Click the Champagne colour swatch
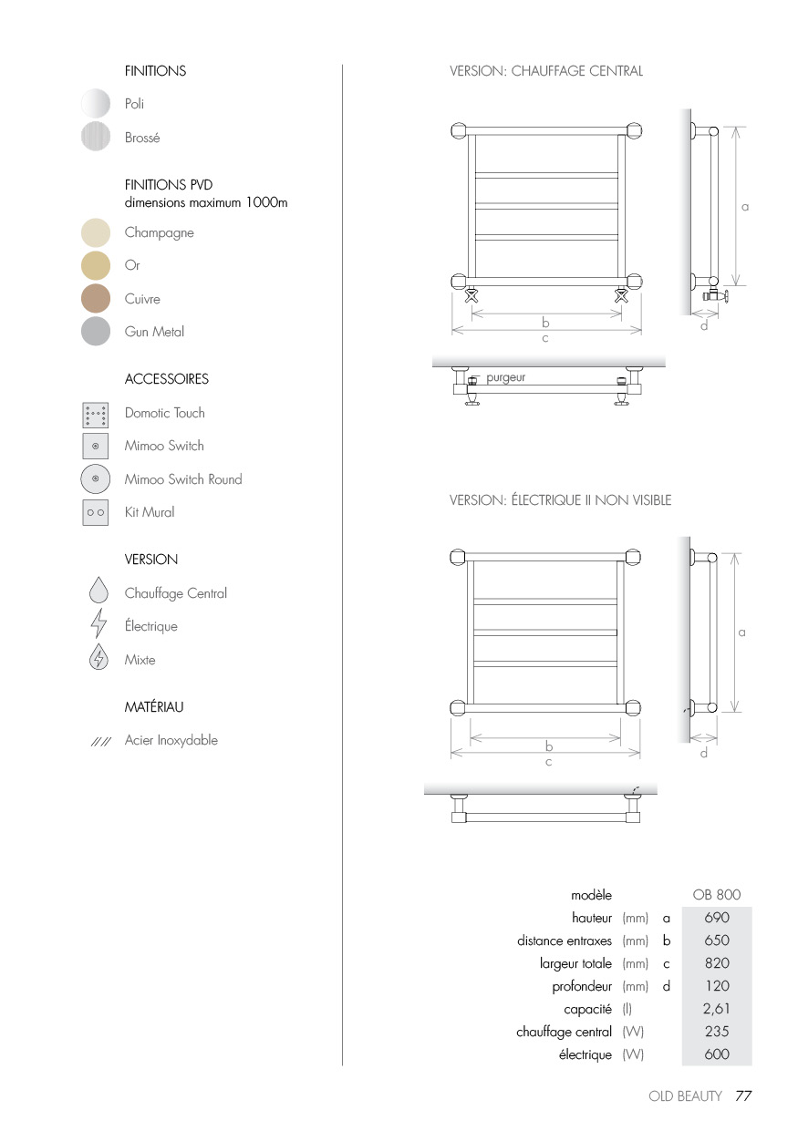96,232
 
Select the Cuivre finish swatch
96,299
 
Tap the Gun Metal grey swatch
96,332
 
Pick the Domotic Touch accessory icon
95,415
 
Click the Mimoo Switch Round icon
95,479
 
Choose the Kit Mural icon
95,512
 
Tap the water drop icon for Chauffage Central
98,591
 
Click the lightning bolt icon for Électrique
98,626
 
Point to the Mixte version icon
98,658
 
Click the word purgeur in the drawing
505,377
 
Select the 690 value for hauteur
716,918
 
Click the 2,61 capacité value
716,1009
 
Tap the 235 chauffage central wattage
716,1032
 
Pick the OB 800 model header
716,895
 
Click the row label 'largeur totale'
575,963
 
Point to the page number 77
743,1096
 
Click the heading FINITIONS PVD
169,185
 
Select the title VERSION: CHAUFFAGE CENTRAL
545,71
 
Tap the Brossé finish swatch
96,137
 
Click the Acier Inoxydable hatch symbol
100,742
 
